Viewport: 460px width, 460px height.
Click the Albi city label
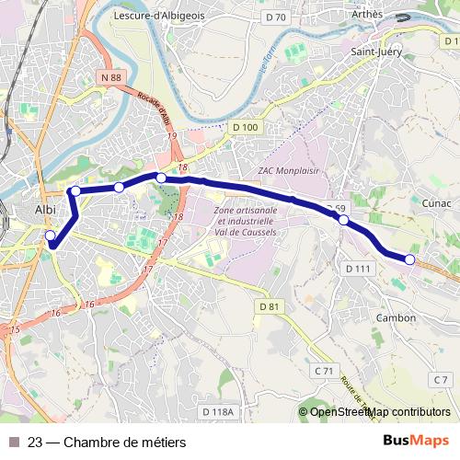44,209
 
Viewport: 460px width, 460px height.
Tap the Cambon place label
396,317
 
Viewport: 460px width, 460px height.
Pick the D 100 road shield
246,127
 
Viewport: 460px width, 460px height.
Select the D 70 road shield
275,17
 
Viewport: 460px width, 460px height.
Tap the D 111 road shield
357,268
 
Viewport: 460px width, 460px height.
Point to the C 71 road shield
323,370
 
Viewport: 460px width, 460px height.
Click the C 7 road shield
442,379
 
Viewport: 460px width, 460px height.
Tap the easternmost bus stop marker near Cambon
410,260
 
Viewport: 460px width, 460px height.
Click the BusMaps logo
416,442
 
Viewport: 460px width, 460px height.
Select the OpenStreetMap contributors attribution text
380,412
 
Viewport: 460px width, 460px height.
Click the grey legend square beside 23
14,443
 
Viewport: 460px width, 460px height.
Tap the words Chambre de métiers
124,443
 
